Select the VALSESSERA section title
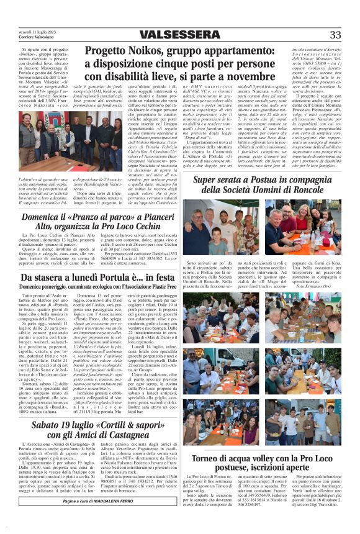click(179, 35)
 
